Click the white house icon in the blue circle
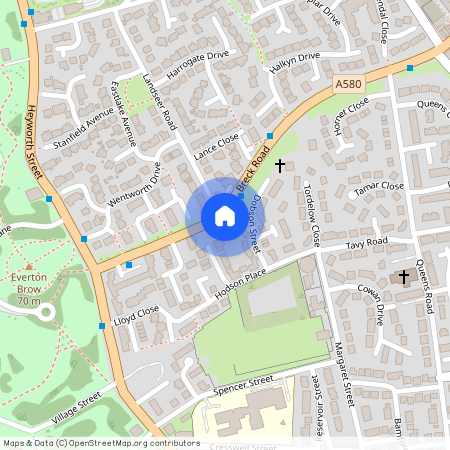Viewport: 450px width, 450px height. coord(224,216)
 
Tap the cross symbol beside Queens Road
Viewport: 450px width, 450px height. coord(404,275)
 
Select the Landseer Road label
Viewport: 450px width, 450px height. coord(159,103)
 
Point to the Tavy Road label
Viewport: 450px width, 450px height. coord(366,243)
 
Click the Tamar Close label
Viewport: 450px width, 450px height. coord(379,187)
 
